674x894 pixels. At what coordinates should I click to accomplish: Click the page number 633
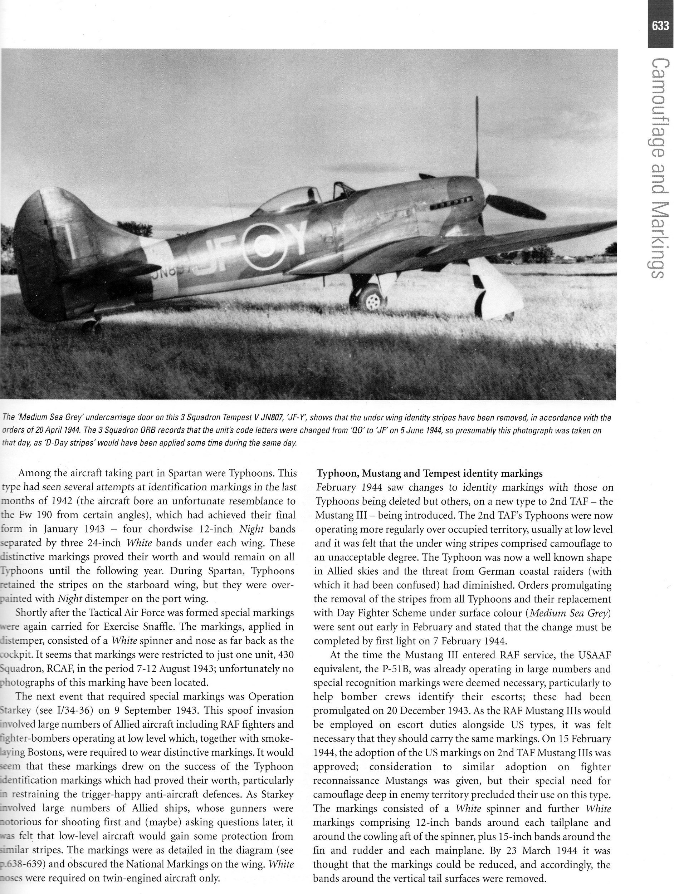[x=660, y=26]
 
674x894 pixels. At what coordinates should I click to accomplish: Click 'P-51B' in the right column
[x=391, y=669]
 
